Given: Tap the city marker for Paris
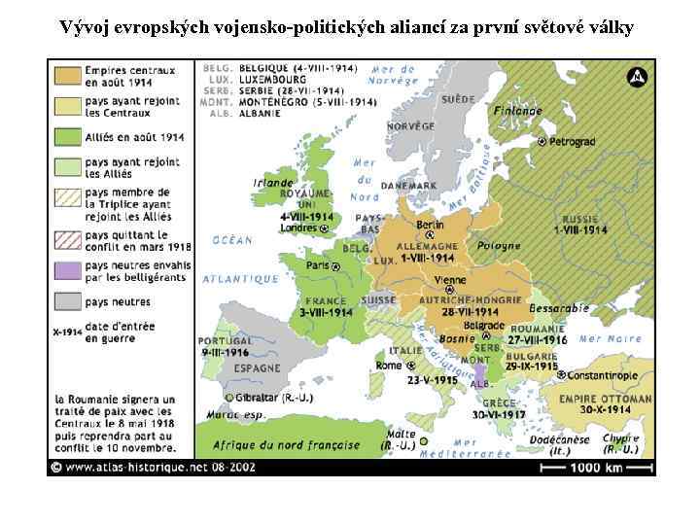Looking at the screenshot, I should (335, 265).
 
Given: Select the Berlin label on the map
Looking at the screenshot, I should (430, 225).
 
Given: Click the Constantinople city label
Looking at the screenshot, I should (602, 375).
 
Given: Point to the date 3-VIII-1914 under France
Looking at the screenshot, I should (326, 313).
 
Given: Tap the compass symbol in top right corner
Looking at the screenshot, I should (637, 77).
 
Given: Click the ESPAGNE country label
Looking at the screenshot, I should (257, 368).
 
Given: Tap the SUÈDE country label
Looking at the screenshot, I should (457, 99).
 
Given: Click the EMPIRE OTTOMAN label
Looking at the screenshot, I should (605, 399).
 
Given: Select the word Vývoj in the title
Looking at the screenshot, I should (85, 26).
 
